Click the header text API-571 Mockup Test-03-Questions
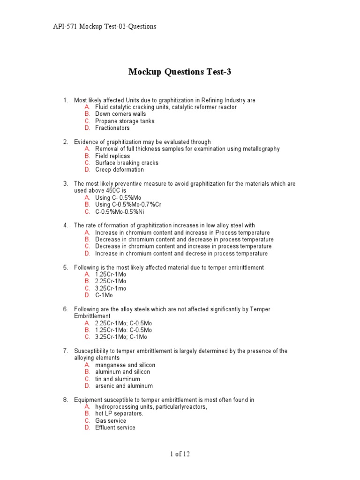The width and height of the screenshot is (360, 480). click(x=105, y=26)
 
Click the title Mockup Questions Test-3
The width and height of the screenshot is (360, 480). click(x=180, y=72)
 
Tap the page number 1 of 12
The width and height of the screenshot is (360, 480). click(x=180, y=454)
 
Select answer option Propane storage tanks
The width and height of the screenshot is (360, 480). click(x=124, y=121)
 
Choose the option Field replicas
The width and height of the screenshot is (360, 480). click(x=112, y=156)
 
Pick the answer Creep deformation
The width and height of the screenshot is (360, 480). click(x=119, y=170)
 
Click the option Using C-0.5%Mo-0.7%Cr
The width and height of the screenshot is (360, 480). click(x=128, y=204)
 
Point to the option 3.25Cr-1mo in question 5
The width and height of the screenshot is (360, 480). click(x=111, y=288)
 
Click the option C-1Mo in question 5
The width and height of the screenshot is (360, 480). click(x=104, y=295)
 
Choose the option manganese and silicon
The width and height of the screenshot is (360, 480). click(x=125, y=365)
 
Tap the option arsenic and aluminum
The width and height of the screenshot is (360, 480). click(x=124, y=386)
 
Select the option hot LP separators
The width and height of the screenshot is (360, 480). click(x=119, y=413)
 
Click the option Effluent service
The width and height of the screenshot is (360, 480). click(x=115, y=427)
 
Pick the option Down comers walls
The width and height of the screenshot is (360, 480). click(x=120, y=114)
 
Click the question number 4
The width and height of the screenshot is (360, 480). click(x=66, y=225)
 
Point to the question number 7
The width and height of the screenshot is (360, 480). click(x=66, y=351)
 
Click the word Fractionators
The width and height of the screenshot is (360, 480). click(x=112, y=128)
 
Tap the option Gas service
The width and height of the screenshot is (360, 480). click(x=111, y=420)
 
